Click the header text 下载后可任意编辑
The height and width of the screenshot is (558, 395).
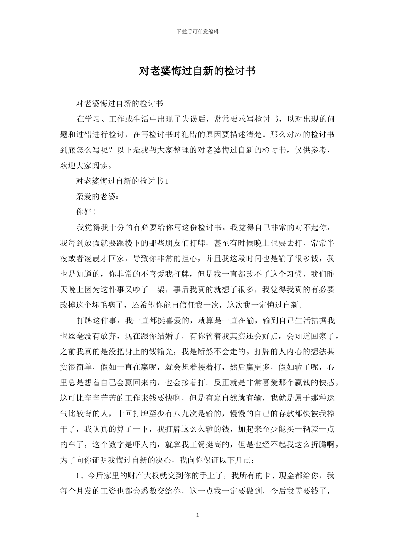tap(197, 32)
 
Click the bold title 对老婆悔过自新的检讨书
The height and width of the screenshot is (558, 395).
tap(197, 71)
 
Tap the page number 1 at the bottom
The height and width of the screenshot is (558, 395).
tap(197, 515)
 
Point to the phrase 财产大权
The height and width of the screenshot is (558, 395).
tap(141, 475)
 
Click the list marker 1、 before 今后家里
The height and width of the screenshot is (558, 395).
tap(81, 475)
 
